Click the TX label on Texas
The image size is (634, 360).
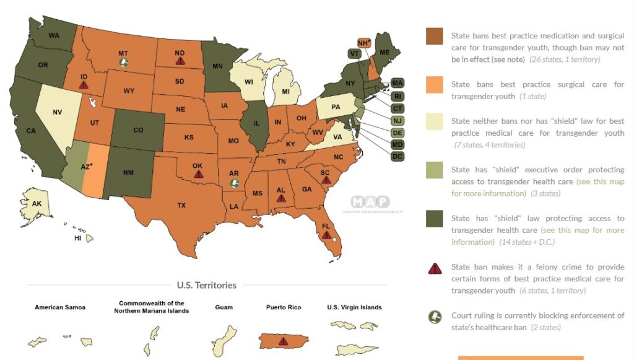(181, 204)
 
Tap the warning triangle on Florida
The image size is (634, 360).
(326, 235)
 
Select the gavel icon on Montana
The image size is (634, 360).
(124, 63)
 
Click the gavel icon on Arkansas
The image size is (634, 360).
(234, 183)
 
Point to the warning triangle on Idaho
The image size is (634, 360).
(84, 85)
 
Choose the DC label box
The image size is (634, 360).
(397, 156)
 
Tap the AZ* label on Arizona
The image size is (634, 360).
(86, 167)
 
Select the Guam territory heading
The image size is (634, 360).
(224, 307)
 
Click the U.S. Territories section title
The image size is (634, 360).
(207, 285)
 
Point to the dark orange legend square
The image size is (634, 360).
(435, 37)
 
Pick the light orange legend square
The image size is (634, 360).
(435, 85)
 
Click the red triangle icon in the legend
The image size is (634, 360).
(435, 268)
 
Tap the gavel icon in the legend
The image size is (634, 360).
(435, 317)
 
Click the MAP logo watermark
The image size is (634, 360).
(370, 202)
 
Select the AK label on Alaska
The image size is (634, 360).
(36, 203)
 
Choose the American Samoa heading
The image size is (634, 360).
(59, 307)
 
